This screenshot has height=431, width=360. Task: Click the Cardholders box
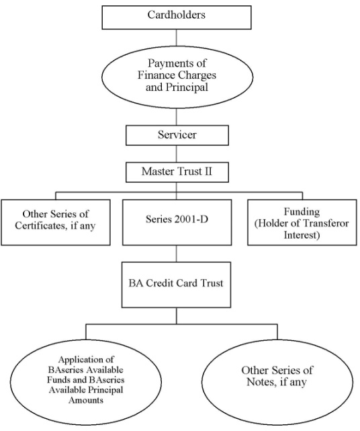point(177,17)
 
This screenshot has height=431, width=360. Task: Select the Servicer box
point(177,135)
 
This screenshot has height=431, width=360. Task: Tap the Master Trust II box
point(177,172)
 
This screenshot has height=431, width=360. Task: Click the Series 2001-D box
point(177,223)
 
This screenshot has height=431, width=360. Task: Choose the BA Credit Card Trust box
point(176,284)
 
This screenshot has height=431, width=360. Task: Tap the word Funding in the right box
point(302,212)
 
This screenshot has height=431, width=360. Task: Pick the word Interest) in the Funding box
point(302,235)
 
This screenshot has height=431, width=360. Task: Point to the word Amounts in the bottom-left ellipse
point(86,400)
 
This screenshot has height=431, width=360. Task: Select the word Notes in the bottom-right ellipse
point(261,382)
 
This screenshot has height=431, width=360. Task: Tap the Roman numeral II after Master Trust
point(207,171)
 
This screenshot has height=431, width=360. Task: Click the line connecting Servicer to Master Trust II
point(176,154)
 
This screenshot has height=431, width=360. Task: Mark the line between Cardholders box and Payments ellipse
point(176,38)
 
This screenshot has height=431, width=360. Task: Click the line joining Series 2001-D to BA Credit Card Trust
point(176,253)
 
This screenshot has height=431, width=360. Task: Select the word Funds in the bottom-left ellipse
point(57,380)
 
